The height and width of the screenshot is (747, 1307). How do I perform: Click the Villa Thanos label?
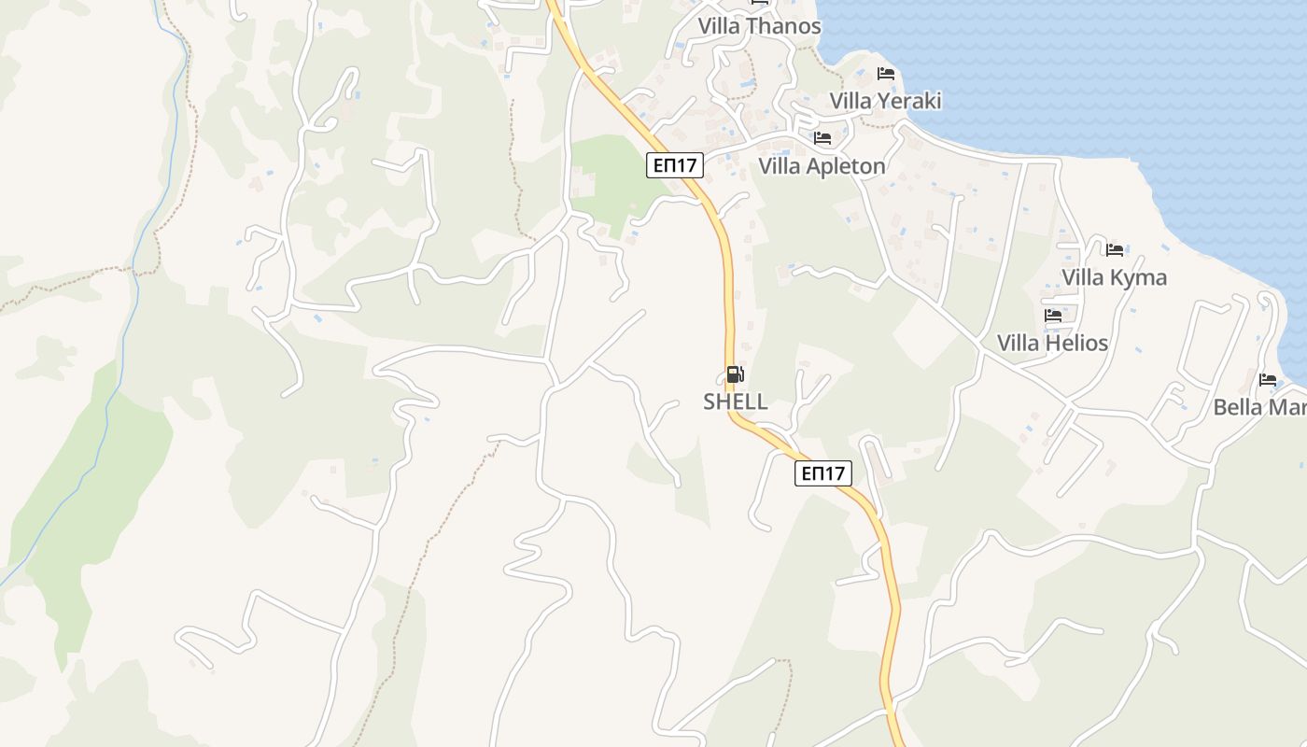tap(759, 26)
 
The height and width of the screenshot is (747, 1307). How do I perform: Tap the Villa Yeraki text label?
tap(885, 101)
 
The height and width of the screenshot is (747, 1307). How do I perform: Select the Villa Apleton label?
tap(822, 166)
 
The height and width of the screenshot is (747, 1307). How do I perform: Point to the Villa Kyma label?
tap(1114, 277)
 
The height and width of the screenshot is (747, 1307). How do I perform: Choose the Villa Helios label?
tap(1052, 343)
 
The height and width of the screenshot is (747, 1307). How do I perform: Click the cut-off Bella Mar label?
tap(1258, 407)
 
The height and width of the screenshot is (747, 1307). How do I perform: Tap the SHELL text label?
tap(735, 402)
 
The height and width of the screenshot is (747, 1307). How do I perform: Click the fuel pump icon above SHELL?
tap(735, 374)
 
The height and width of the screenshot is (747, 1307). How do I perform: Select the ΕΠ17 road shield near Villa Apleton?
tap(674, 166)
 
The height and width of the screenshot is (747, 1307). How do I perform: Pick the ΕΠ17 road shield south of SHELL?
tap(823, 472)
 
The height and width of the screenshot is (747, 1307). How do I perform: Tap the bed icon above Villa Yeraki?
tap(885, 73)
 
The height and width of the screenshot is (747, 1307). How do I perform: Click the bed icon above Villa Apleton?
tap(822, 138)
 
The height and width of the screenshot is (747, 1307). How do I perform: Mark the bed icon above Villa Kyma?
tap(1114, 249)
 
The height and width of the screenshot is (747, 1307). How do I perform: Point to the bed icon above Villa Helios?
tap(1052, 315)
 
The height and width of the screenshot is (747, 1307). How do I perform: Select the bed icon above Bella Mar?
tap(1267, 379)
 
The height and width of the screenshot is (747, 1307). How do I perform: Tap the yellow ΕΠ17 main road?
tap(727, 280)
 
